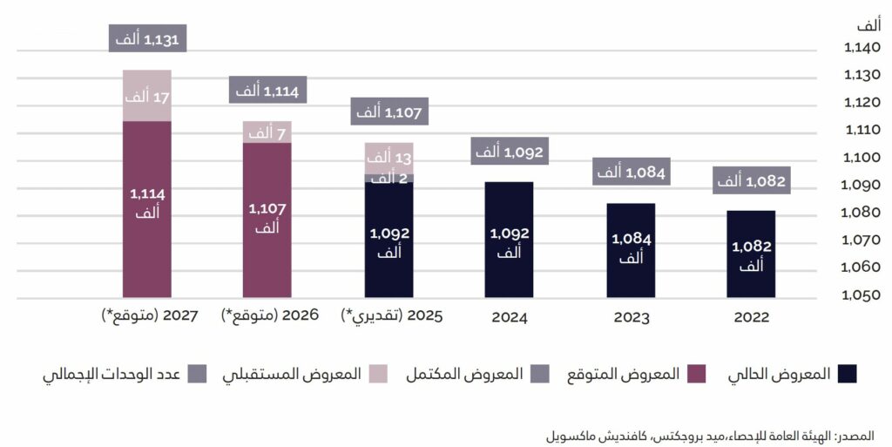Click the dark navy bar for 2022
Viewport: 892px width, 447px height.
click(x=751, y=254)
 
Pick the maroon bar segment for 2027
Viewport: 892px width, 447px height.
click(x=146, y=209)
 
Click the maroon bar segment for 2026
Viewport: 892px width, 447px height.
click(x=267, y=220)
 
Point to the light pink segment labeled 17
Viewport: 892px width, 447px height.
click(x=146, y=96)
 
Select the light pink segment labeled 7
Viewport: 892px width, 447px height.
click(x=267, y=132)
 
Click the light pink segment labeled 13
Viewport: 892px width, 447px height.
click(x=388, y=158)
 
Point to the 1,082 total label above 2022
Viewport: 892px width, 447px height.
click(x=751, y=182)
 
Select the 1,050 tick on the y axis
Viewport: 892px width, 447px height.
click(x=863, y=295)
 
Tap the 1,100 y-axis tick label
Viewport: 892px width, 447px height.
click(x=863, y=158)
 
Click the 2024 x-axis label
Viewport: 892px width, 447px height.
click(x=509, y=317)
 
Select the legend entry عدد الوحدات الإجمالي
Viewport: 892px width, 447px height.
click(x=123, y=374)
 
